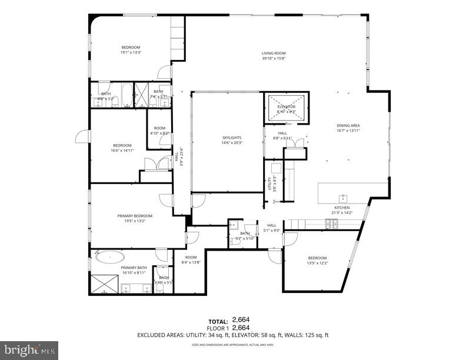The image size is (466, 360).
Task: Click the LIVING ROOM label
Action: coord(274,54)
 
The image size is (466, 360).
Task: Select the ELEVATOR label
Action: coord(287,106)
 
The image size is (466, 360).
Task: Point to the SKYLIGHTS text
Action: coord(232,137)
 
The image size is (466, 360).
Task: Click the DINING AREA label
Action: coord(348,125)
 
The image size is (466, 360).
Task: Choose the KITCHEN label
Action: coord(342,208)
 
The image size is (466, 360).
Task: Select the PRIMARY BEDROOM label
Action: coord(130,216)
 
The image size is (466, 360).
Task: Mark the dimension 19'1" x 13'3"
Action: coord(131,52)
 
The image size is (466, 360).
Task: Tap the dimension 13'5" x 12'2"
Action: coord(317,263)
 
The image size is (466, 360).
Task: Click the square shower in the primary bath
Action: coord(103,284)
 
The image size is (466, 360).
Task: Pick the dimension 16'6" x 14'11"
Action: coord(122,151)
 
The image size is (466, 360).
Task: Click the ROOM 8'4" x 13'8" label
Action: coord(191,259)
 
